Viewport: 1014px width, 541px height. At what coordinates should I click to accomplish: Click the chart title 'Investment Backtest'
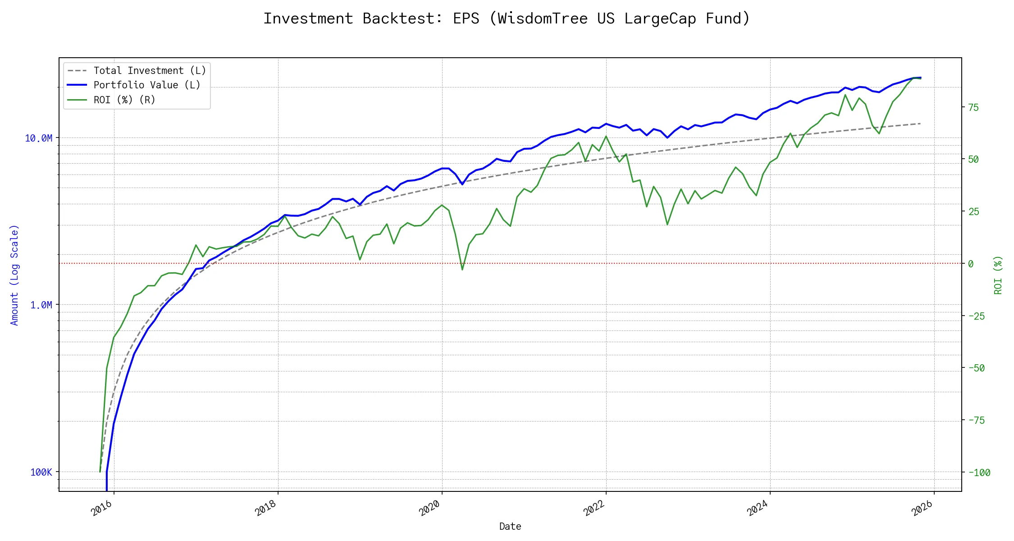tap(507, 18)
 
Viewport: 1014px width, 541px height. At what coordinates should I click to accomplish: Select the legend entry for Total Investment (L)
tap(149, 71)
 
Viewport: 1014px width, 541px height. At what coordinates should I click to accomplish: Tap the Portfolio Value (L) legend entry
tap(146, 85)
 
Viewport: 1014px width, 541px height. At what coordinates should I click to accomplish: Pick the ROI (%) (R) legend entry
tap(124, 100)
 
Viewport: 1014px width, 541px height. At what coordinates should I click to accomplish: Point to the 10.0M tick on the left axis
tap(39, 138)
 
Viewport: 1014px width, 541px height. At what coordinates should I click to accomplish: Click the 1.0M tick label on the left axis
tap(41, 305)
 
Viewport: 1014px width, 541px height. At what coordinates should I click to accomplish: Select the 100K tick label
tap(41, 472)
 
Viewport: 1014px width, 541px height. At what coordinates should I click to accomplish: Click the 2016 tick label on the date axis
tap(101, 508)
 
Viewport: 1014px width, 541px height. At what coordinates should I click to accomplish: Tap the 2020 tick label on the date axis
tap(429, 508)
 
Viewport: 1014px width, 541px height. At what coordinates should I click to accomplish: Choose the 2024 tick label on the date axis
tap(758, 508)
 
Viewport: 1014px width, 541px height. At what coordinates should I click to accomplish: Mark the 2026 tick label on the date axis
tap(922, 508)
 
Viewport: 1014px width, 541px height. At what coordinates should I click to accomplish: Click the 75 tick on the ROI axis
tap(973, 107)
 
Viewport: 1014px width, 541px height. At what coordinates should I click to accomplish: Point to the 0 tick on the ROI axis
tap(971, 264)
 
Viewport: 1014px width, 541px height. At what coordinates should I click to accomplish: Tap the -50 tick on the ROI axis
tap(976, 368)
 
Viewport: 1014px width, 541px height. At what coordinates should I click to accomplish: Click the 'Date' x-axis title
tap(510, 526)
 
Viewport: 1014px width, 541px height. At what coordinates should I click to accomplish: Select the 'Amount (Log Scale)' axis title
tap(14, 275)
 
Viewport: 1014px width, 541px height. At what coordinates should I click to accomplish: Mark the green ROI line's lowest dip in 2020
tap(462, 270)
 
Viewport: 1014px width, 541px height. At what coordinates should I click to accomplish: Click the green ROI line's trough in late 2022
tap(667, 224)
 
